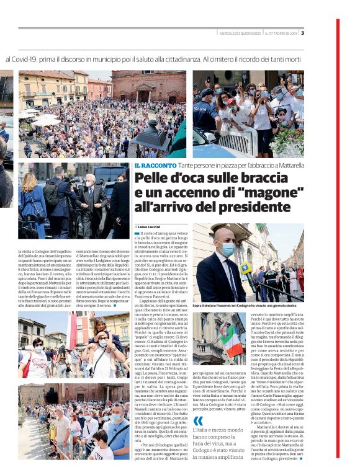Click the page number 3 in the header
[302, 33]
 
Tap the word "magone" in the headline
[232, 193]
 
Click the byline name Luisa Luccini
[150, 226]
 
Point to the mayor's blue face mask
[227, 249]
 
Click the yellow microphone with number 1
[246, 269]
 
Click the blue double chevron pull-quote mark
[198, 402]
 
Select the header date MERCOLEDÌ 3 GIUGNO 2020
[239, 33]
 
